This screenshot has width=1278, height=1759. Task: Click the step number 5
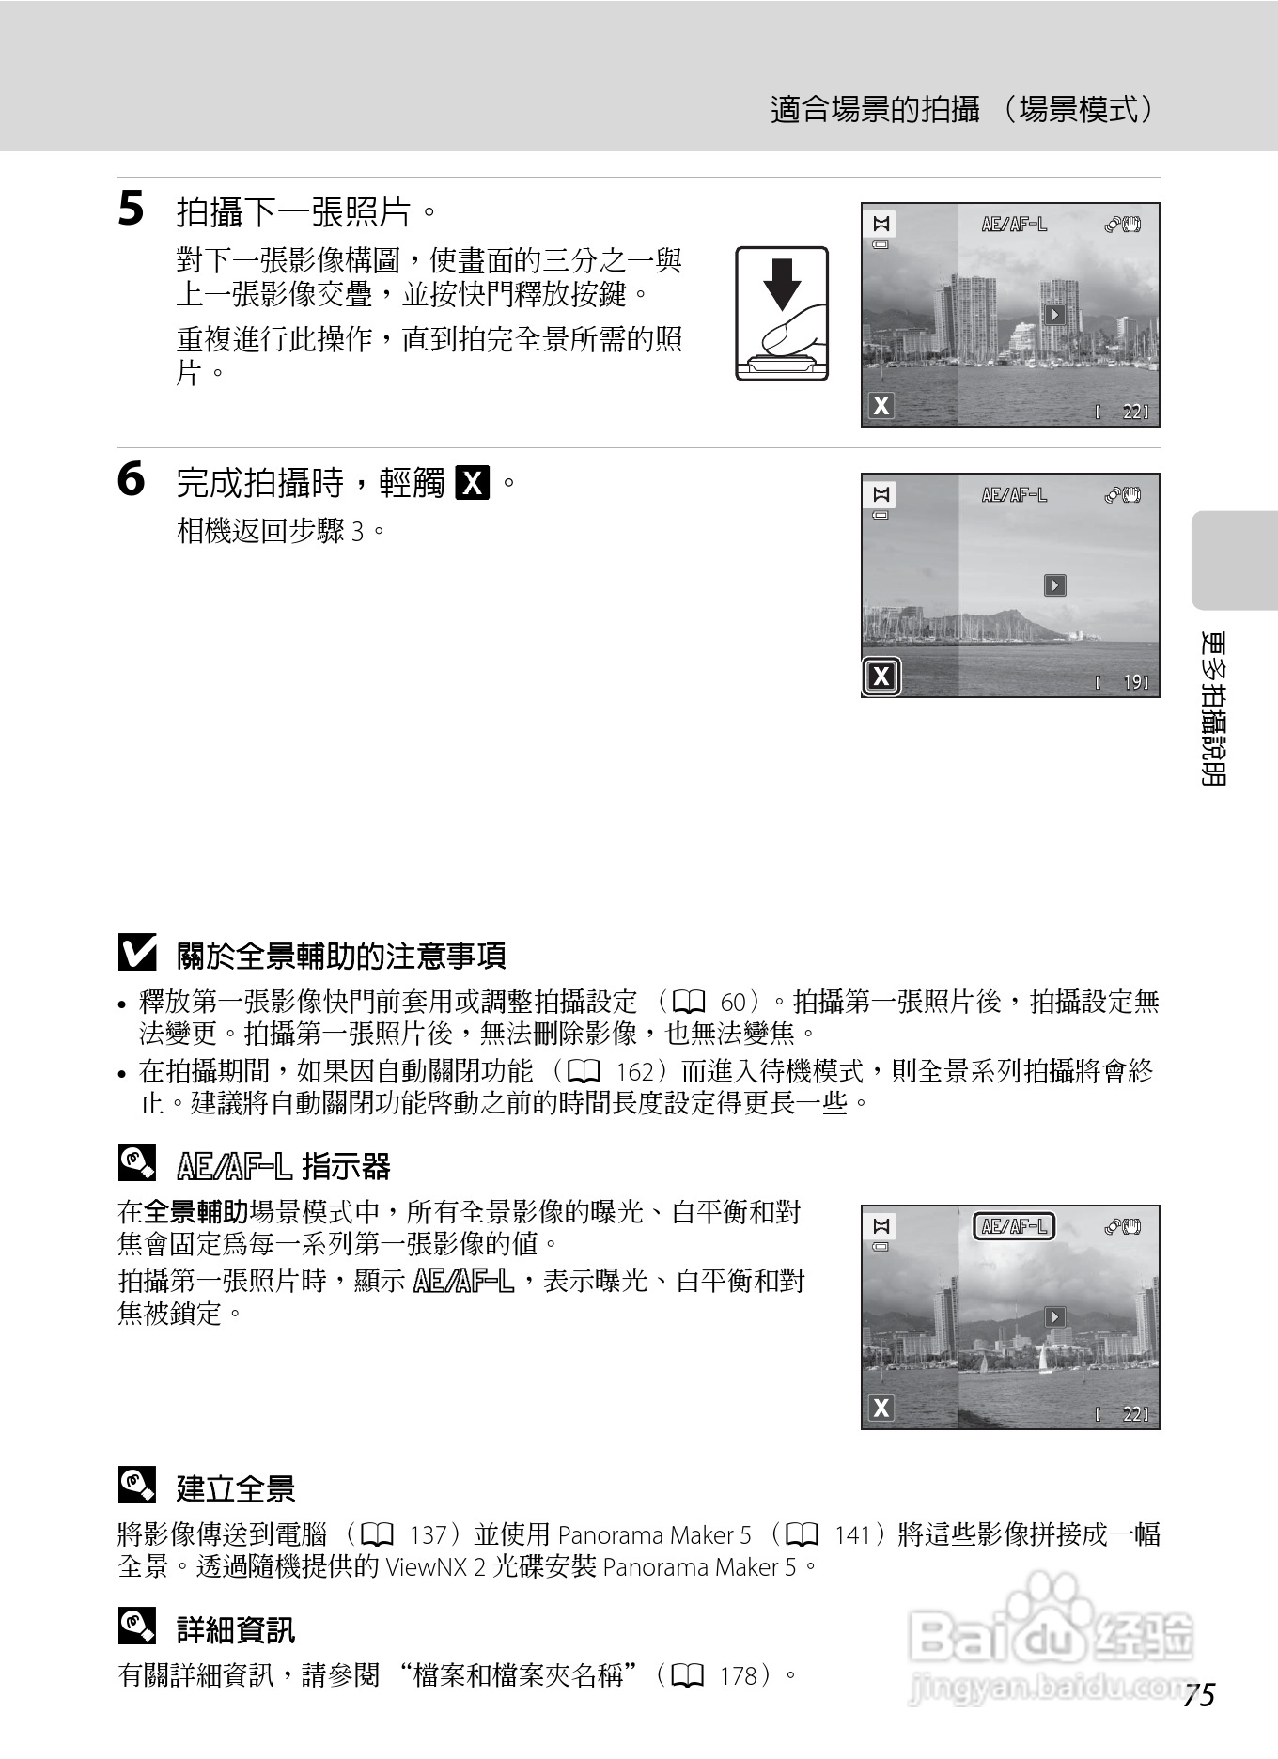click(x=131, y=209)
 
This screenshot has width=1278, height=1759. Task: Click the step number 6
click(x=131, y=479)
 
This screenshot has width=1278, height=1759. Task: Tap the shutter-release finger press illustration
click(x=782, y=314)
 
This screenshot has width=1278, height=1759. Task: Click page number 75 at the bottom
click(x=1199, y=1695)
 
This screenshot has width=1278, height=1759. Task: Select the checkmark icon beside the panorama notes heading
click(x=137, y=954)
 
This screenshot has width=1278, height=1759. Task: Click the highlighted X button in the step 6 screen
click(x=881, y=677)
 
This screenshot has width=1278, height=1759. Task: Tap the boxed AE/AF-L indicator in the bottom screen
click(x=1013, y=1226)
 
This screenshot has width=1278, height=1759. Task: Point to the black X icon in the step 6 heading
click(x=472, y=484)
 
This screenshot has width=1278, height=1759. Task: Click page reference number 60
click(x=733, y=1003)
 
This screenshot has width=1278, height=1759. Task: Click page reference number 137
click(x=429, y=1535)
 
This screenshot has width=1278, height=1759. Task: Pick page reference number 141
click(x=853, y=1535)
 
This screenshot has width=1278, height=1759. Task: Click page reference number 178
click(x=739, y=1675)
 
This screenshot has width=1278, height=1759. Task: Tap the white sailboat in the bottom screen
click(x=1042, y=1359)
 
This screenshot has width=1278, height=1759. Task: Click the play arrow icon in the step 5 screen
click(x=1054, y=315)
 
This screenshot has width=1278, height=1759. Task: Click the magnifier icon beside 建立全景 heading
click(x=136, y=1486)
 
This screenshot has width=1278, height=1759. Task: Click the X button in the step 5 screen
click(x=881, y=406)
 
